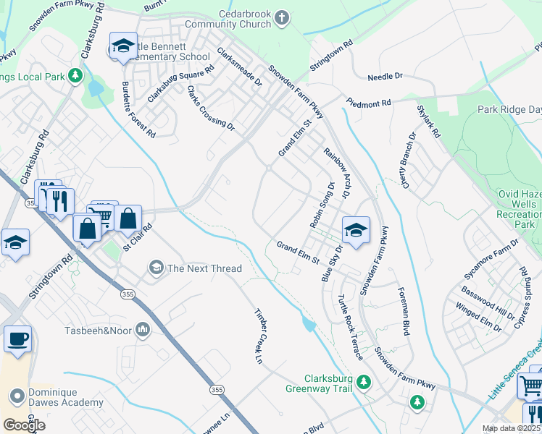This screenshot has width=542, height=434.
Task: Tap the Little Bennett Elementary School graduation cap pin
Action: [123, 46]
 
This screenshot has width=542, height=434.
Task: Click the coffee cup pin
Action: [17, 339]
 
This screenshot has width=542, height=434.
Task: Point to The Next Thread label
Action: [204, 268]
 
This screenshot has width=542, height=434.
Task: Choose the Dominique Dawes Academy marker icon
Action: [17, 396]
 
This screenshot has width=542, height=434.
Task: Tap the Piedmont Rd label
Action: [367, 103]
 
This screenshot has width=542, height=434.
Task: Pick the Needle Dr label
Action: [385, 76]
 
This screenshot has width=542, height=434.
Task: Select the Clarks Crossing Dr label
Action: [211, 109]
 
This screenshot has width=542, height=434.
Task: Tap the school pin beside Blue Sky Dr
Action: [356, 230]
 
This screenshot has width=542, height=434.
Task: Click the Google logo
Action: [24, 425]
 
